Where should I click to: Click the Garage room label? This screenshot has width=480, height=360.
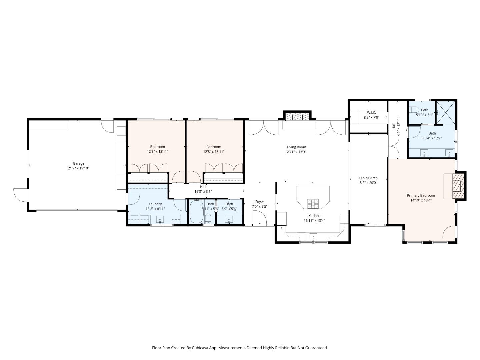(x=79, y=163)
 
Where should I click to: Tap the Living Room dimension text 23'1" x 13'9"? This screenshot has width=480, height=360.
(x=296, y=152)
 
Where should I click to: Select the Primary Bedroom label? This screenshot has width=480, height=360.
(x=421, y=196)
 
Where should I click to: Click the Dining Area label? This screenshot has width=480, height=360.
(x=368, y=178)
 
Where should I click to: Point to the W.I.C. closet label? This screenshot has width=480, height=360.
(x=371, y=113)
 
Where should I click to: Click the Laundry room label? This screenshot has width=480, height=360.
(x=155, y=204)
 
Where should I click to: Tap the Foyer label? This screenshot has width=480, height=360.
(x=259, y=202)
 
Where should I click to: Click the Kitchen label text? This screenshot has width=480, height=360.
(x=314, y=216)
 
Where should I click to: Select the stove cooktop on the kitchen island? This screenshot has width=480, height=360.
(x=313, y=202)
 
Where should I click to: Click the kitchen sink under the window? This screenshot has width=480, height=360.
(x=313, y=237)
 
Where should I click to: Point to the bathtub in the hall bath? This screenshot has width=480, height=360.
(x=196, y=212)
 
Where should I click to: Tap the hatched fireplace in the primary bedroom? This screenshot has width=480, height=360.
(x=458, y=186)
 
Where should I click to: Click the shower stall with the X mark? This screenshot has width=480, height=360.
(x=446, y=112)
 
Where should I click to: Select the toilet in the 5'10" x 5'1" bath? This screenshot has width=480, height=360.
(x=414, y=109)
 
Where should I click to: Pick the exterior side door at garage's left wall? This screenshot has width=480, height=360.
(x=20, y=195)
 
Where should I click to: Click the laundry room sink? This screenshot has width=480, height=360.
(x=160, y=219)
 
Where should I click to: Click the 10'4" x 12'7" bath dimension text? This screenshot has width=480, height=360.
(x=432, y=138)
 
